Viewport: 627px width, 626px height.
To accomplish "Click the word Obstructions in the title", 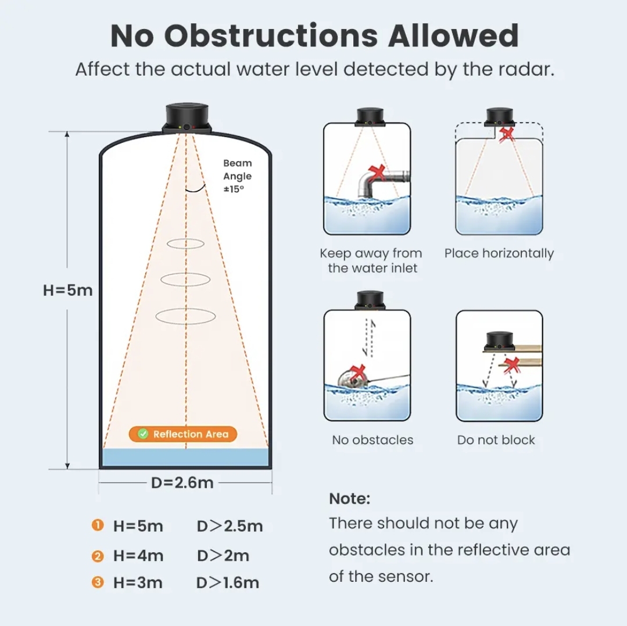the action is coord(271,36).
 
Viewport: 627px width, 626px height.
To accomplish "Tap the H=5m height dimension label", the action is coord(67,290).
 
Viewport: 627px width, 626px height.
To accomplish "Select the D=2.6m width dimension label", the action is coord(182,483).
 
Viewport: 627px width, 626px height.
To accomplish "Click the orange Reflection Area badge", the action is coord(183,434).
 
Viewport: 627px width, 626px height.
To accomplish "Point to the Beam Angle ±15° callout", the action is coord(238,176).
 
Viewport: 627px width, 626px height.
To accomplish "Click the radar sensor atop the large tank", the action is coord(187,118).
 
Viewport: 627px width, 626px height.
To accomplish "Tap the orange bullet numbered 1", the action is coord(98,525).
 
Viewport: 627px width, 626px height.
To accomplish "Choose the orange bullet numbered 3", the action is coord(98,582).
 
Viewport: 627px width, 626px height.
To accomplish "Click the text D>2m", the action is coord(223,556).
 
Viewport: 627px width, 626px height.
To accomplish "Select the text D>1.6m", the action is coord(228,583).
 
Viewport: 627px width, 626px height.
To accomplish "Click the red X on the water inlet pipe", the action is coord(377,173).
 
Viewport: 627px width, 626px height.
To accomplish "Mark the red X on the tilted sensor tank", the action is coord(507,135).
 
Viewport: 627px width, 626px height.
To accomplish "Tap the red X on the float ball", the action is coord(357,373).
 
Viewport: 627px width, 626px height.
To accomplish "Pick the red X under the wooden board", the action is coord(511,365).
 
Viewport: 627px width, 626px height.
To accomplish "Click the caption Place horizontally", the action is coord(499,253).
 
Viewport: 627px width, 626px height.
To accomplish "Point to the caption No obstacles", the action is coord(372,440).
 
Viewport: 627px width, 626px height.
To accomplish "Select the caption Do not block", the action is coord(496,440).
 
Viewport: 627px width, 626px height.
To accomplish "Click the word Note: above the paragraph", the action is coord(349,499).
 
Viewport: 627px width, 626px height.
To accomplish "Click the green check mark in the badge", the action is coord(143,434).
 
